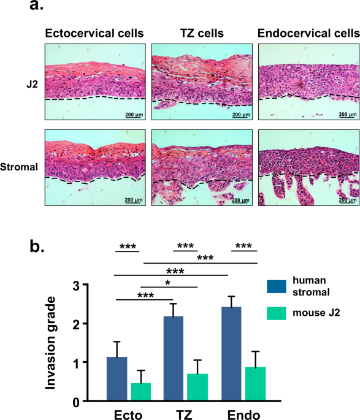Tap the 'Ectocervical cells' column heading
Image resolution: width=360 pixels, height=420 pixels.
(94, 32)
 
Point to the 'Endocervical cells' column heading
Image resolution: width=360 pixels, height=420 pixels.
(307, 32)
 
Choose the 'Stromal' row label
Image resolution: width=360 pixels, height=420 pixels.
(18, 166)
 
